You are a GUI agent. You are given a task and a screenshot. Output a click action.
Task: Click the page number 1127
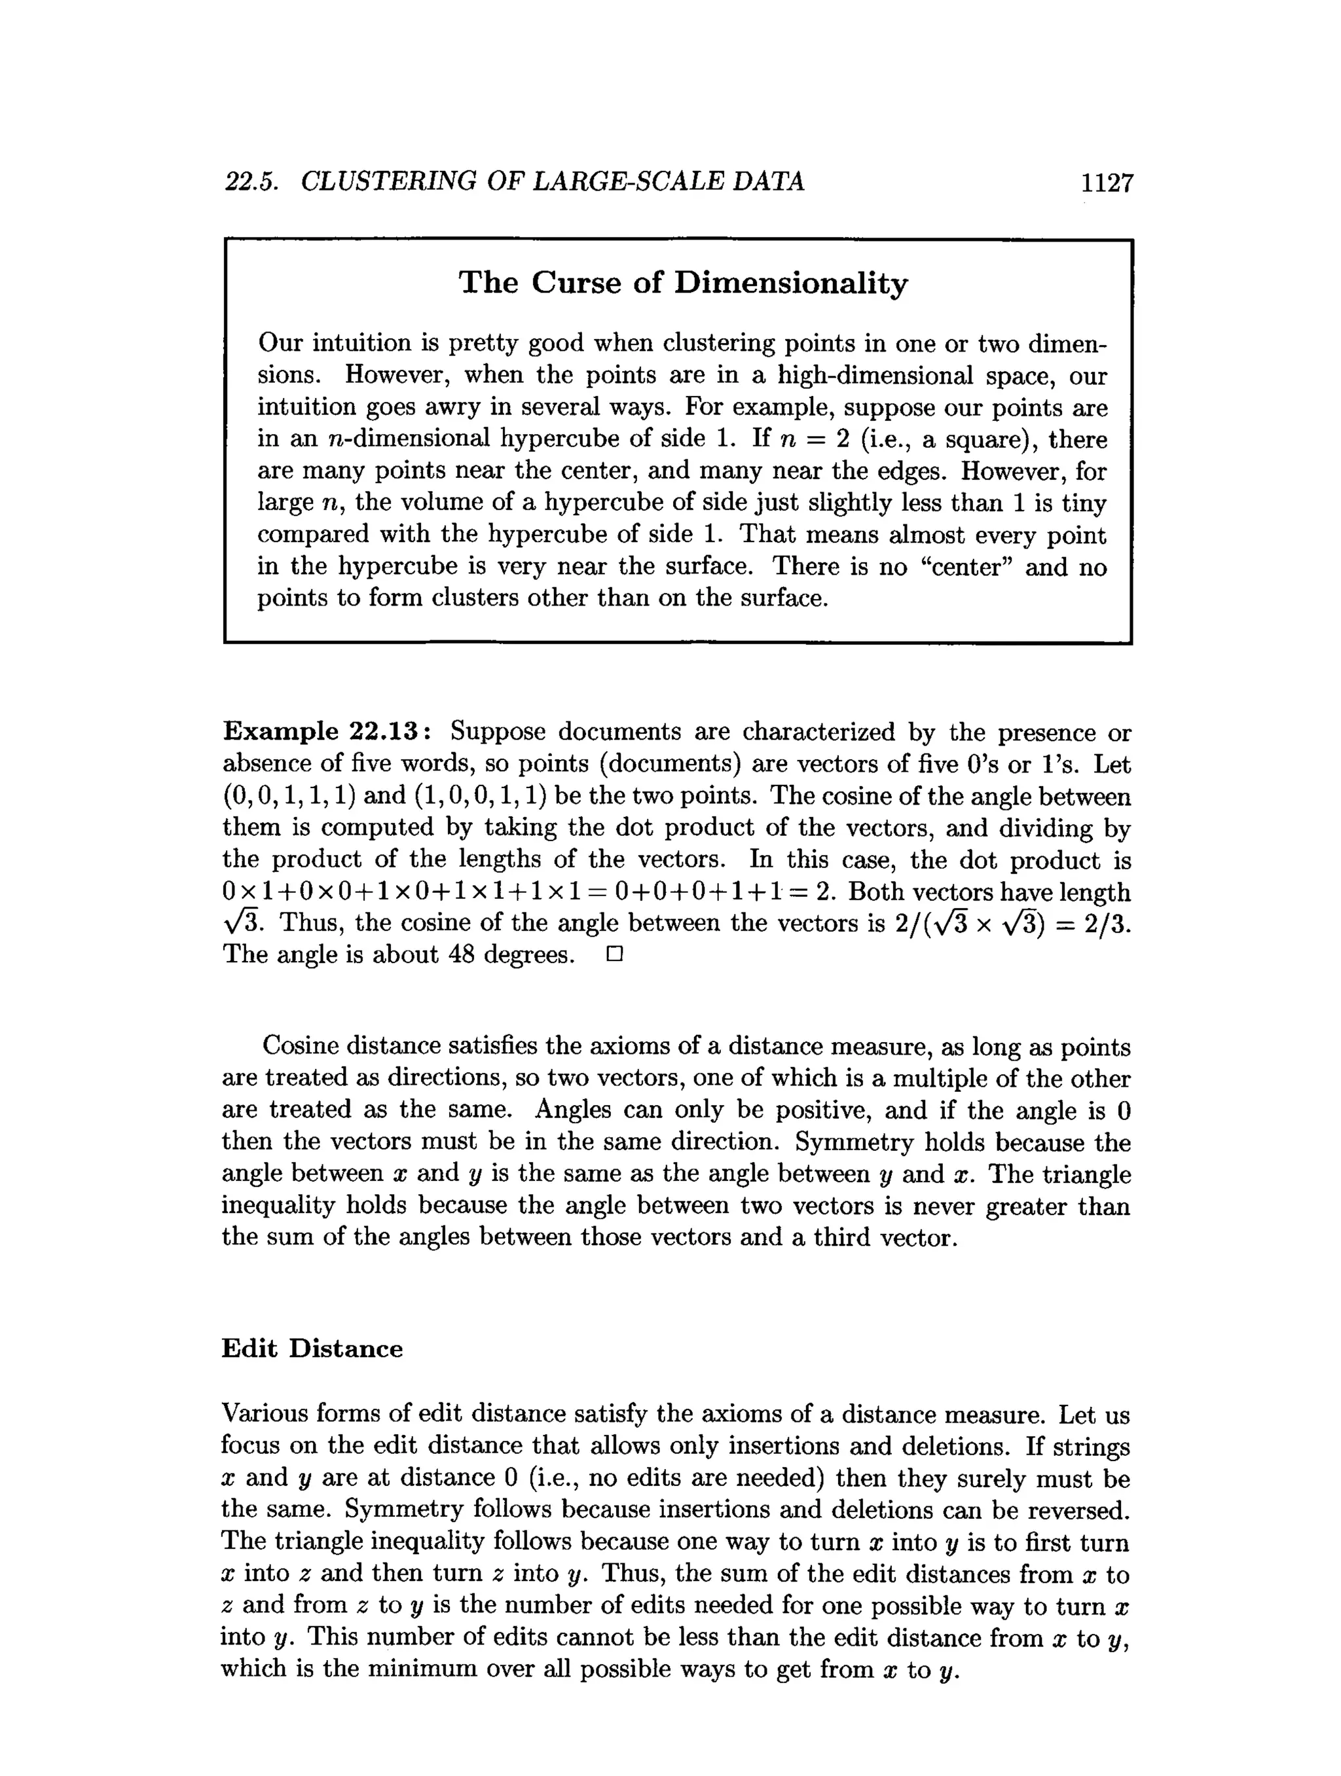pos(1107,183)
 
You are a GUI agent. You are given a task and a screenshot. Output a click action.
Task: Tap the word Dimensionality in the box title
pos(791,283)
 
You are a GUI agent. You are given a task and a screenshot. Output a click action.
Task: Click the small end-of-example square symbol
pos(615,954)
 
